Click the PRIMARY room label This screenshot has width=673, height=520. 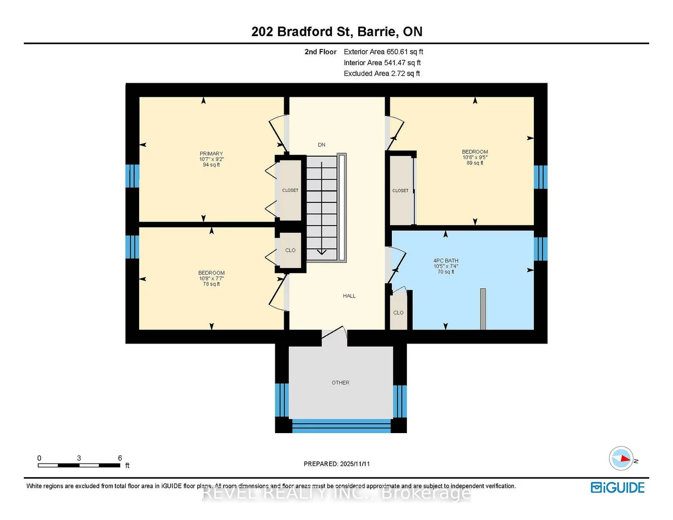pos(211,154)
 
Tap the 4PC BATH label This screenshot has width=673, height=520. pos(446,261)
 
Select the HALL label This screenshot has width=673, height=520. pos(349,296)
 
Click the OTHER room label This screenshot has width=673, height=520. pos(340,383)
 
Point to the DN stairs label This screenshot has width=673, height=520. pos(321,145)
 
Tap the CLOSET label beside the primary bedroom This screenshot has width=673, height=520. pos(290,190)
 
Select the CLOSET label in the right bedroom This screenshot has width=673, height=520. pos(400,191)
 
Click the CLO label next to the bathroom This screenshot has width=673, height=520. pos(398,313)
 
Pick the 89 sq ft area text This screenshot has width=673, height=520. pos(475,163)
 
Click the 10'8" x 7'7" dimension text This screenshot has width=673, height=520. pos(211,278)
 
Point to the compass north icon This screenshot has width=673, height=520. pos(621,458)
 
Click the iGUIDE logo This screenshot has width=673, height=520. pos(618,487)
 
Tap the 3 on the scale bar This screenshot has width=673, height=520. pos(79,458)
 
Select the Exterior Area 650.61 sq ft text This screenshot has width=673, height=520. pos(383,52)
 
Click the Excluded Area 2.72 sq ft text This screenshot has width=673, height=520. pos(382,73)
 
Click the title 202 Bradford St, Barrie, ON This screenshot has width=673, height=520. pos(336,32)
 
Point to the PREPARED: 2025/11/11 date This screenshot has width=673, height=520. pos(336,464)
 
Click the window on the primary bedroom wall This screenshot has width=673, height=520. pos(133,176)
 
